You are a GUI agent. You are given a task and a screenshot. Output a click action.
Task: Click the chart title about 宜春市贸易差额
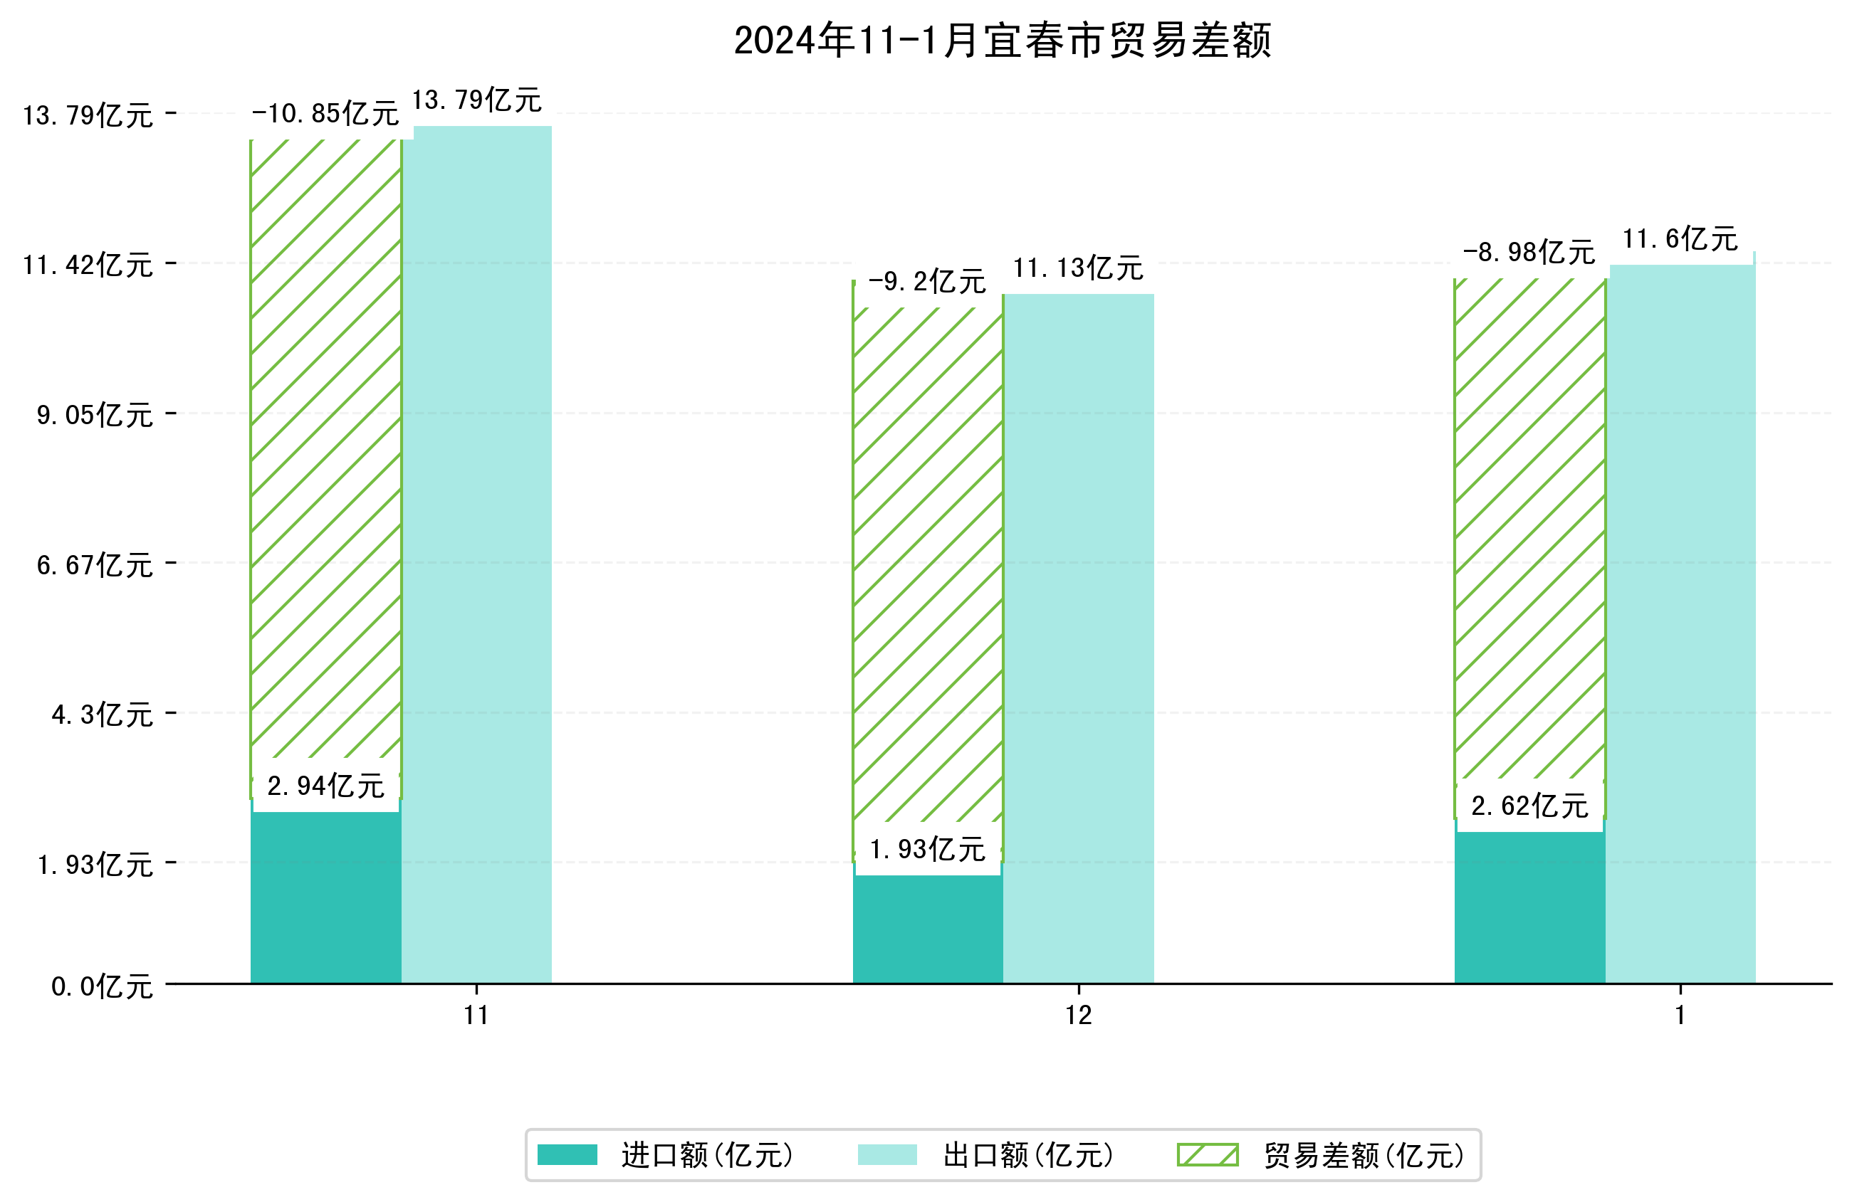coord(1002,41)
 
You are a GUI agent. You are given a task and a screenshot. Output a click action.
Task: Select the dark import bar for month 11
coord(325,899)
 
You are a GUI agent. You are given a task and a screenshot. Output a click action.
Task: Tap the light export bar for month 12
coord(1078,638)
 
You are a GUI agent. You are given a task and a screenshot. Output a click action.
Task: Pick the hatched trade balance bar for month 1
coord(1529,529)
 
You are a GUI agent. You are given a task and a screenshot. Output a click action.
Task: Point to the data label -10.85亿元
coord(325,114)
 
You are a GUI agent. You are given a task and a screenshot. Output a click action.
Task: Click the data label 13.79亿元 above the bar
coord(476,100)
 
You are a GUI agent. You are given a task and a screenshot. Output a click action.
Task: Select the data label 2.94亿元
coord(325,786)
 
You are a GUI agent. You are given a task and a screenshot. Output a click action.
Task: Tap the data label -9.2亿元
coord(927,281)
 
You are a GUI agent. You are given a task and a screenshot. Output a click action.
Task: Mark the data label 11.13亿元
coord(1078,268)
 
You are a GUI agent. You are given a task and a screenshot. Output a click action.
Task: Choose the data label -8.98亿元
coord(1528,252)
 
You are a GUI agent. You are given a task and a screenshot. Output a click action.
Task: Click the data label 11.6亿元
coord(1679,239)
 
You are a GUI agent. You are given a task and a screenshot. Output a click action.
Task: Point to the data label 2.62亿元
coord(1529,806)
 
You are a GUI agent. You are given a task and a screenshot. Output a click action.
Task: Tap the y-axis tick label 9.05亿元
coord(95,416)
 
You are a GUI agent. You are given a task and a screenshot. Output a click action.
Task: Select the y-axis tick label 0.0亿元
coord(102,987)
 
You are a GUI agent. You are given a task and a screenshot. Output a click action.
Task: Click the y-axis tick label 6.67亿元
coord(95,565)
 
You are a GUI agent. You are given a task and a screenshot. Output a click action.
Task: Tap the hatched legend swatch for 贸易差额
coord(1207,1155)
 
